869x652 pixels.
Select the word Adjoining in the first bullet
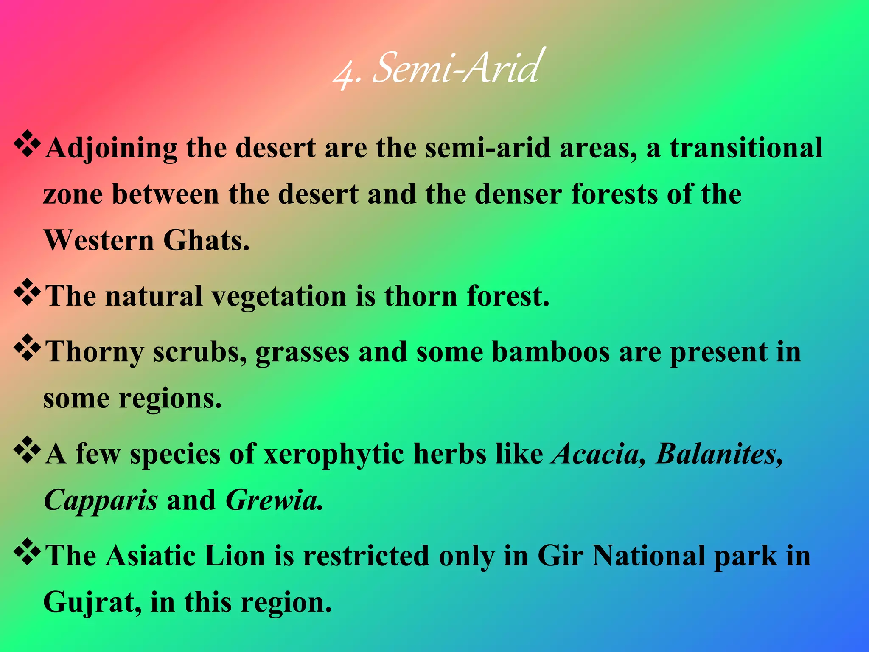click(111, 149)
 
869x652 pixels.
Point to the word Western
click(99, 240)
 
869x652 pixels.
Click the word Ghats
click(206, 240)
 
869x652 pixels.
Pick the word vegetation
click(279, 296)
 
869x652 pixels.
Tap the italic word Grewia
click(274, 500)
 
